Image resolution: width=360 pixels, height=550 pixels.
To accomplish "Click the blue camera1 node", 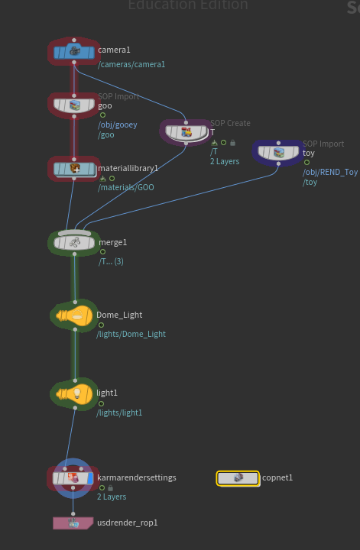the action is [x=74, y=52].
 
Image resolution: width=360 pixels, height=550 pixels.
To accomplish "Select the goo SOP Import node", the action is [x=74, y=105].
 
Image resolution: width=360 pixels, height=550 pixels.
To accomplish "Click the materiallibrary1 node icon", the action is [x=74, y=170].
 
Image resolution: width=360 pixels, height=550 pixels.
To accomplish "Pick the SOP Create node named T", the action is [x=186, y=133].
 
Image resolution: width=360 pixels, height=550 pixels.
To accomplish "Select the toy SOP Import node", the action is [x=278, y=153].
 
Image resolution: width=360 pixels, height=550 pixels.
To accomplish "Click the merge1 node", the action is [x=74, y=242].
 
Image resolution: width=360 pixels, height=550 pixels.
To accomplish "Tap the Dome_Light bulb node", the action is [x=74, y=315].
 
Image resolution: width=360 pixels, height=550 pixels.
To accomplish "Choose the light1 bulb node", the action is [x=74, y=394].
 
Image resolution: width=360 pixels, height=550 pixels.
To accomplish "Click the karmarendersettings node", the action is [x=73, y=478].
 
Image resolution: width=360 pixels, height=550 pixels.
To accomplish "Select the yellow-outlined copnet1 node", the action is [x=238, y=478].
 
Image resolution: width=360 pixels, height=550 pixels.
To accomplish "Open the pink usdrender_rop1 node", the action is [x=73, y=523].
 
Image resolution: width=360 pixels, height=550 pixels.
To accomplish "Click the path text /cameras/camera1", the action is [x=131, y=64].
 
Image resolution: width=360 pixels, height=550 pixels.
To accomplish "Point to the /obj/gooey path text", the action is [x=118, y=125].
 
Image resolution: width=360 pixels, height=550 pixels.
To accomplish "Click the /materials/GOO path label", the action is [x=126, y=187].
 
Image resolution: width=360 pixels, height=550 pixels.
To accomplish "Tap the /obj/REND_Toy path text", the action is [x=330, y=172].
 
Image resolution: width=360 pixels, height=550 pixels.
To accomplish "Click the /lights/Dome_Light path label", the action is [x=131, y=334].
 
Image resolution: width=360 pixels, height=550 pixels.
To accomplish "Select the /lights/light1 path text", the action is [x=119, y=412].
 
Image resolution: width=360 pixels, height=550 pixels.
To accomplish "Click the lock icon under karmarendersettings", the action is [x=111, y=488].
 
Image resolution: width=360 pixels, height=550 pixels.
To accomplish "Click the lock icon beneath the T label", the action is [x=232, y=143].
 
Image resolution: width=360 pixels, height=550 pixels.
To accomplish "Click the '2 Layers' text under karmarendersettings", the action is [x=112, y=497].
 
